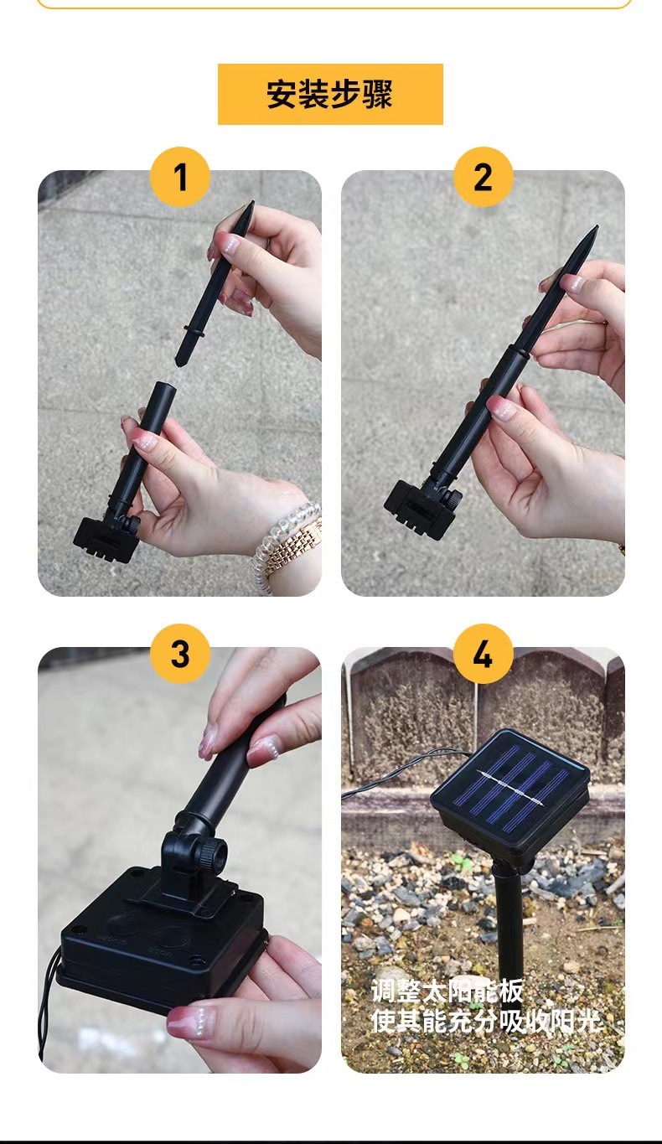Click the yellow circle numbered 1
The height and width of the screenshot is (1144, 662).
(x=180, y=177)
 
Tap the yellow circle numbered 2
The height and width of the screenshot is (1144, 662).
(x=484, y=177)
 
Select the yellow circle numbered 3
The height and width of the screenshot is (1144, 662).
(x=180, y=654)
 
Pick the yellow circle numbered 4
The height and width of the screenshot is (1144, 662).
(x=484, y=654)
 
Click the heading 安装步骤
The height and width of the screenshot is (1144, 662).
(x=330, y=94)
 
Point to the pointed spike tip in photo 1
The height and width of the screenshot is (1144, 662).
(x=252, y=202)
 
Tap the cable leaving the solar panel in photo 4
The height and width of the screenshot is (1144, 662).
(x=404, y=770)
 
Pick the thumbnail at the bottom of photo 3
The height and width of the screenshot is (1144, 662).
(x=194, y=1022)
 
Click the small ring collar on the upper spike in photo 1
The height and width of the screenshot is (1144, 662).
(x=194, y=331)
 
